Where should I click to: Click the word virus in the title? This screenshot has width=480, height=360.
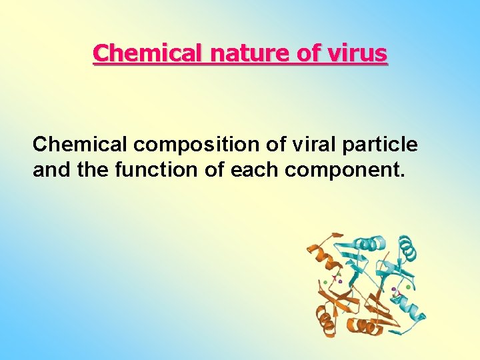point(359,53)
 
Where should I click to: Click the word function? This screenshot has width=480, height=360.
point(155,170)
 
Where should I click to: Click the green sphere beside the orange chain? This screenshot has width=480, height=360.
point(325,283)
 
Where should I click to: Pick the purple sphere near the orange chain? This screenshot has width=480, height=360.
point(340,282)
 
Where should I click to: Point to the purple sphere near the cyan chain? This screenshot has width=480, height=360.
point(393,289)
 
